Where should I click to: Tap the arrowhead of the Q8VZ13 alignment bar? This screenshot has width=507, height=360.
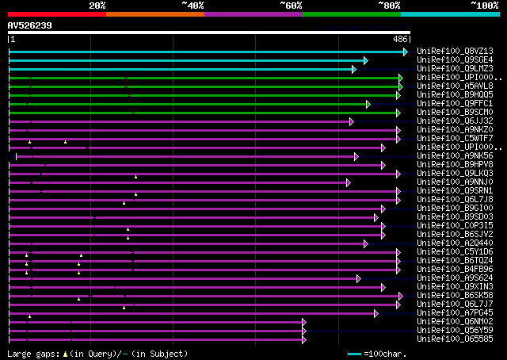[x=406, y=52]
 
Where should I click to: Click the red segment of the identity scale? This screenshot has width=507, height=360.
[x=56, y=14]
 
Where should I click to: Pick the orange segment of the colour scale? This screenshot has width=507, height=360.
[x=154, y=14]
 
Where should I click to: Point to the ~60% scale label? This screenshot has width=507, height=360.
[x=291, y=6]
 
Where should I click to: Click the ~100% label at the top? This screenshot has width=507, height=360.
[x=485, y=6]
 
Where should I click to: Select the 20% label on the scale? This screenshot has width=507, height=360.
[x=97, y=6]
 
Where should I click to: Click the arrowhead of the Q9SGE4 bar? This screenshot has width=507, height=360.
[x=365, y=60]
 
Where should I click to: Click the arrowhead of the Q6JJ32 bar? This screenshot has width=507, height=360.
[x=351, y=121]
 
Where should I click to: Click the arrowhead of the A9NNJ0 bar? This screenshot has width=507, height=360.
[x=348, y=182]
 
